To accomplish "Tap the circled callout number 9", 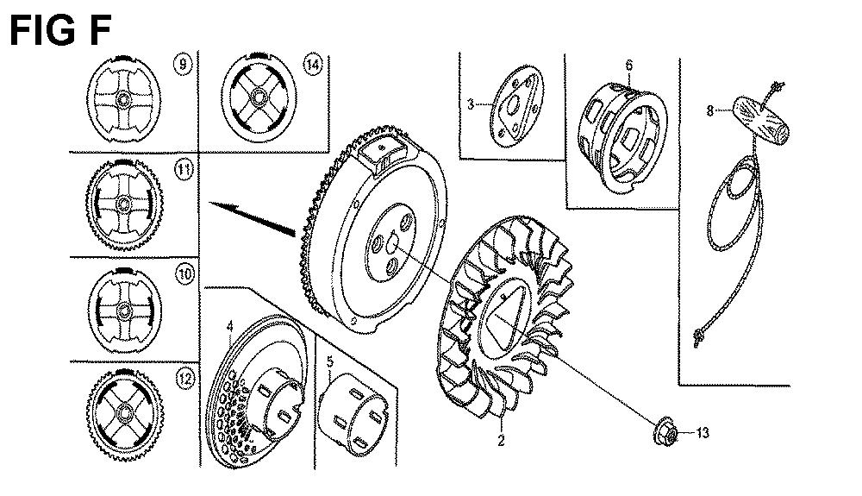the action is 183,64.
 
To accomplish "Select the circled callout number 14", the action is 312,66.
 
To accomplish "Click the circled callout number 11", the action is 184,170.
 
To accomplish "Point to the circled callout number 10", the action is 185,273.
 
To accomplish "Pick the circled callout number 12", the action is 185,379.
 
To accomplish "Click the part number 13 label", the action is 702,433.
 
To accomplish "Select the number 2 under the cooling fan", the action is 501,441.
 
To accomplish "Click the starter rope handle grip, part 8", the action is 761,121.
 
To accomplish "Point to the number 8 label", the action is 710,111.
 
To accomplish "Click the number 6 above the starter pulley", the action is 629,66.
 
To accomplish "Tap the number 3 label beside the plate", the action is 471,104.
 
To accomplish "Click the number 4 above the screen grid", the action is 230,327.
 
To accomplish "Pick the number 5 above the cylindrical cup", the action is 330,361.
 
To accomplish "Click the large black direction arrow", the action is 253,218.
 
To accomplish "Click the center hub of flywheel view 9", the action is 122,100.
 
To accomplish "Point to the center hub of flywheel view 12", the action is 125,411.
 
